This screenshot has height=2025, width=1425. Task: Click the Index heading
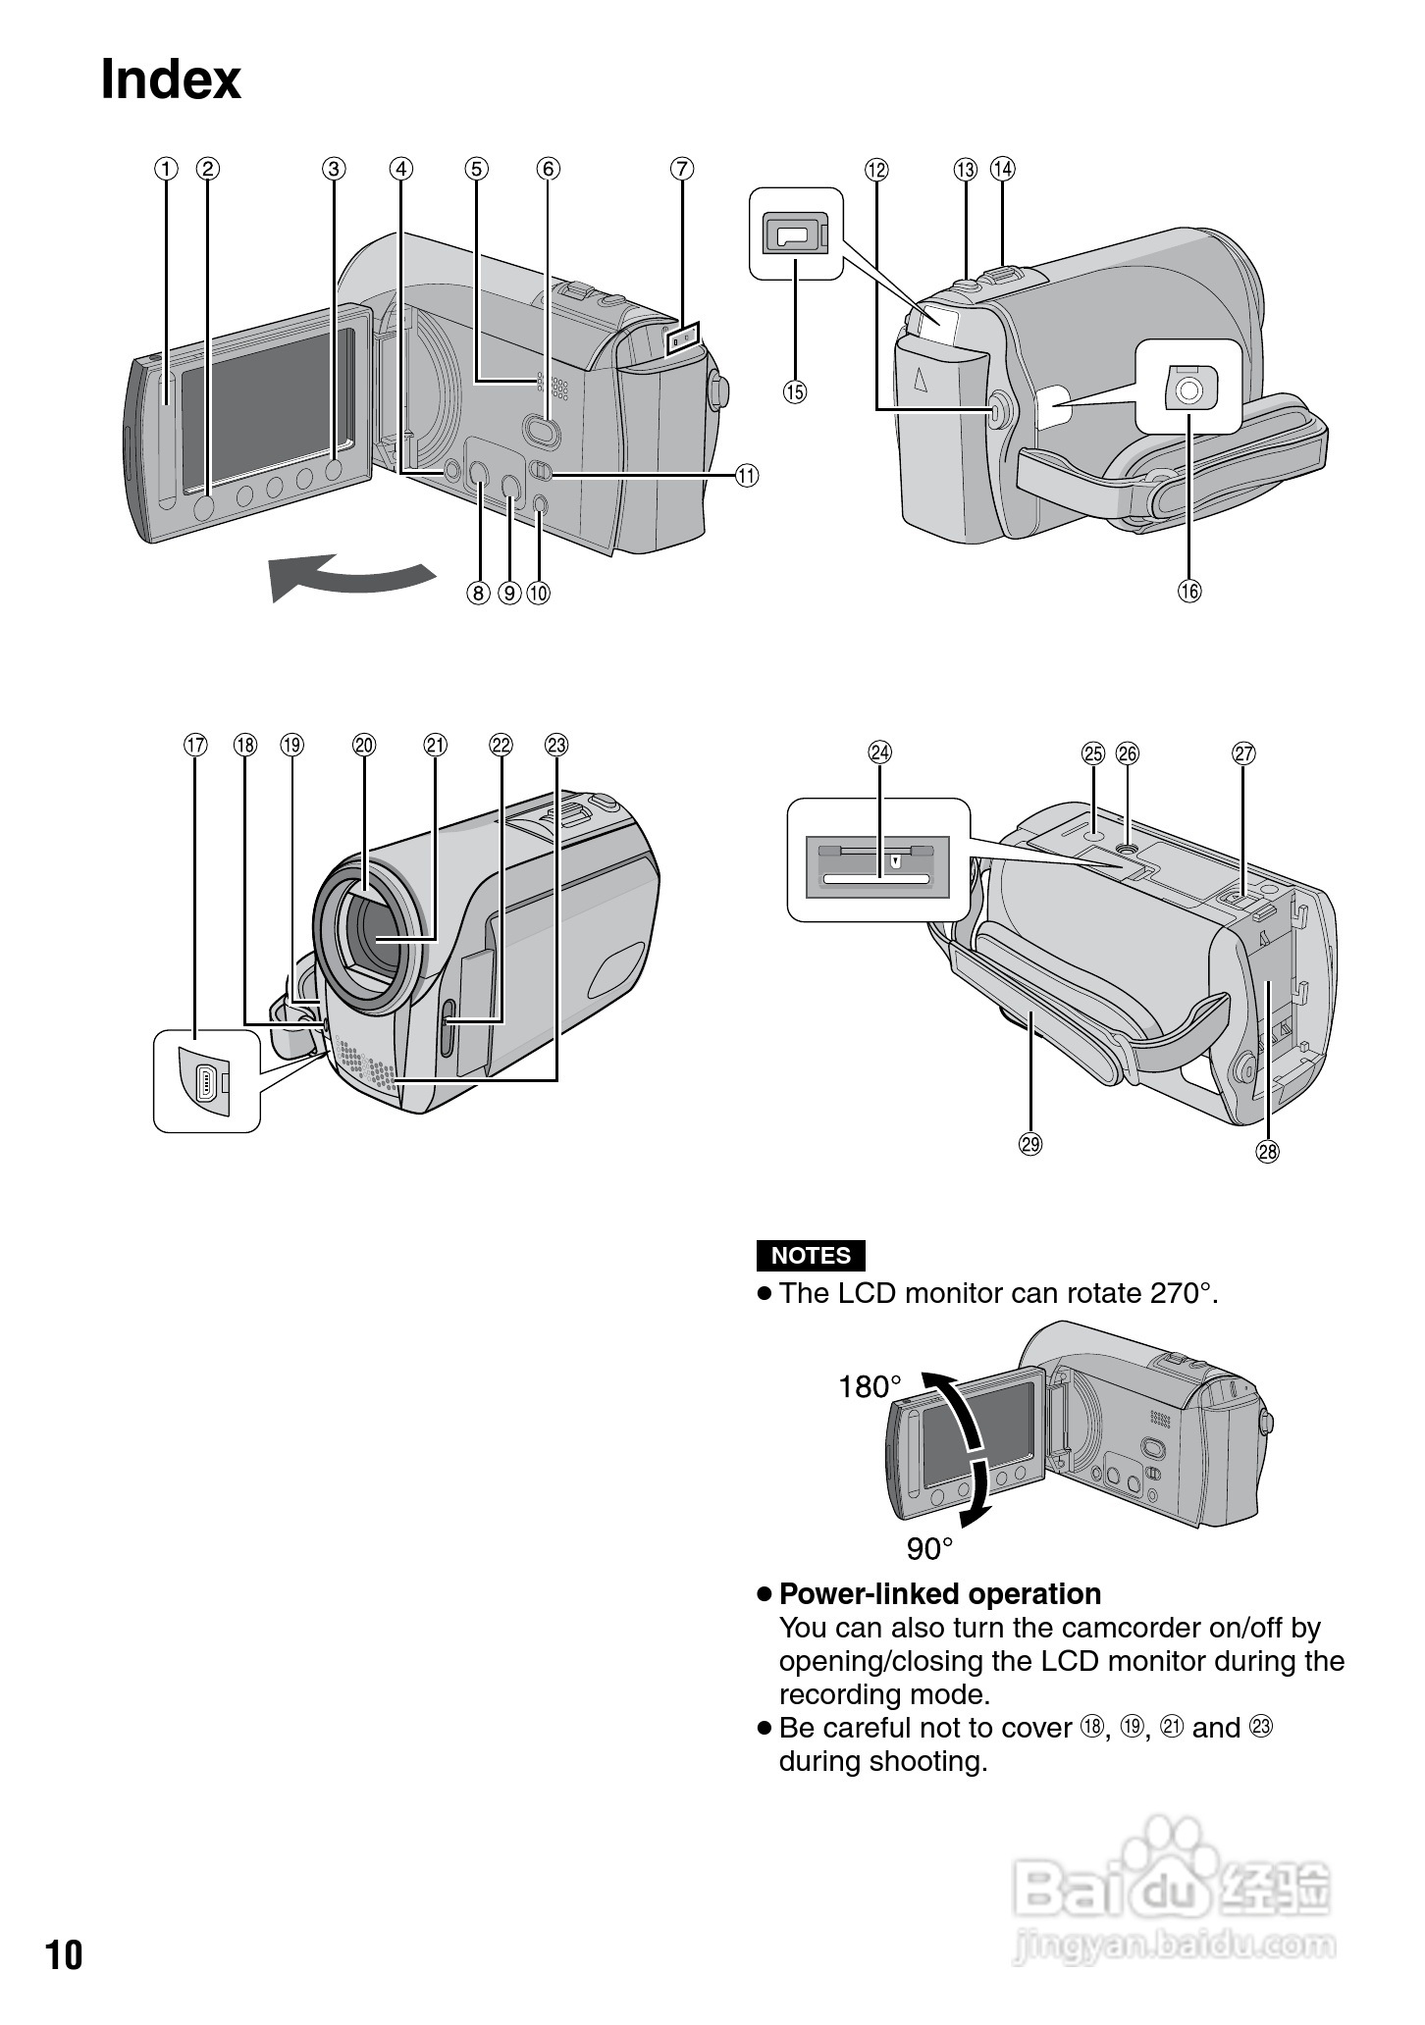pyautogui.click(x=171, y=80)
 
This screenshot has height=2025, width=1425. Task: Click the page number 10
pyautogui.click(x=65, y=1955)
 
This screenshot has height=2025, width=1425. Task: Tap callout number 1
pyautogui.click(x=166, y=169)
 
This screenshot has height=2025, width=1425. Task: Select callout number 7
pyautogui.click(x=682, y=169)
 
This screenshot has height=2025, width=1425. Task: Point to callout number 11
pyautogui.click(x=747, y=476)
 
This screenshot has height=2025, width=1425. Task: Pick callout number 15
pyautogui.click(x=794, y=392)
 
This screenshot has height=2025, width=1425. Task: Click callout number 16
pyautogui.click(x=1189, y=591)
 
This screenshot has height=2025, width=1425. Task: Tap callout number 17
pyautogui.click(x=196, y=745)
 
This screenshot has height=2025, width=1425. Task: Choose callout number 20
pyautogui.click(x=364, y=745)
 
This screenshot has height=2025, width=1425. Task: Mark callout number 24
pyautogui.click(x=880, y=753)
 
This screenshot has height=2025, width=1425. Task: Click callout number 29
pyautogui.click(x=1030, y=1143)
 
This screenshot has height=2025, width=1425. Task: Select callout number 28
pyautogui.click(x=1268, y=1151)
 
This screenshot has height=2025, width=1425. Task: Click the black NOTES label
pyautogui.click(x=811, y=1256)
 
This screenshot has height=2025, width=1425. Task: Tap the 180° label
pyautogui.click(x=870, y=1386)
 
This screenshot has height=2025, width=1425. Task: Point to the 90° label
pyautogui.click(x=929, y=1549)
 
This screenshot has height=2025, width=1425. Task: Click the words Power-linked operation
pyautogui.click(x=939, y=1594)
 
